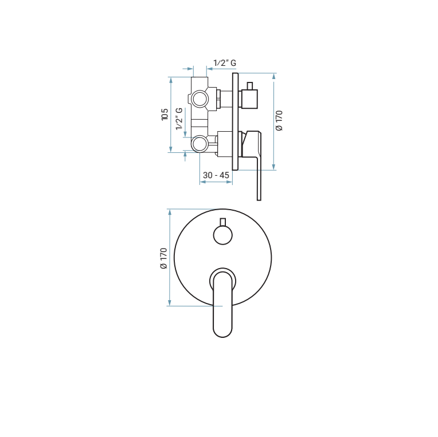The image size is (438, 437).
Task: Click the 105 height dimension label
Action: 165,115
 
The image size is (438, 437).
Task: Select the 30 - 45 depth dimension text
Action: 217,175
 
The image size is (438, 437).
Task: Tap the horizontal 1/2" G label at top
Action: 225,63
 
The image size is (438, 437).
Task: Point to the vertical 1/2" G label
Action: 179,119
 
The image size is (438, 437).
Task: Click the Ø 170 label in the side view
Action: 279,121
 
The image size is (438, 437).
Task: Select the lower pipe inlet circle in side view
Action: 200,143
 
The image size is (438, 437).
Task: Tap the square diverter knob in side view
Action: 249,99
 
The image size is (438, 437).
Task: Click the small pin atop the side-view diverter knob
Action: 249,86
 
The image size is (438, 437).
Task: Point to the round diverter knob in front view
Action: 222,234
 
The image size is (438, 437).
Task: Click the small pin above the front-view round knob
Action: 222,222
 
